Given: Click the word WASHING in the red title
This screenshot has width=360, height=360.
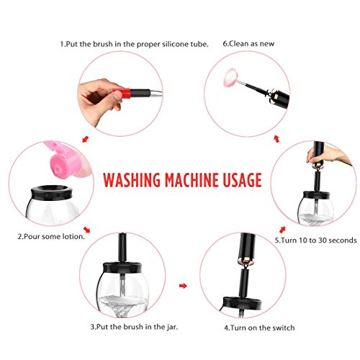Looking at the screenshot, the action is (x=132, y=179).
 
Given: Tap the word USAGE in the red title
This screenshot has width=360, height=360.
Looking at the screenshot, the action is (x=242, y=179).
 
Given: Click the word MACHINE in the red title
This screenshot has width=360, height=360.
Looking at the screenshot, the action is (x=192, y=179).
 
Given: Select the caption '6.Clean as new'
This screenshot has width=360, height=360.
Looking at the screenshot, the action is (x=248, y=44).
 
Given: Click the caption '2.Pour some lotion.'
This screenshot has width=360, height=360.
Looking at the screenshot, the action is (x=51, y=237).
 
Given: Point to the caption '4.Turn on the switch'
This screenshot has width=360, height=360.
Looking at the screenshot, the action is (x=259, y=328).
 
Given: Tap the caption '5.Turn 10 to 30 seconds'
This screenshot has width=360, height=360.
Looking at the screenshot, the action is (x=315, y=240).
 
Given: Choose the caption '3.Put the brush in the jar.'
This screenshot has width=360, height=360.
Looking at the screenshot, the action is (x=134, y=327).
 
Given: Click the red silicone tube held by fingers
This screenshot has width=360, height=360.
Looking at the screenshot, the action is (x=123, y=93).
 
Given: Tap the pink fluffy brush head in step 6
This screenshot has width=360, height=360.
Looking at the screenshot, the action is (x=230, y=77).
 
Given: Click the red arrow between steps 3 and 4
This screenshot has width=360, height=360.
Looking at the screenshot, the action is (x=183, y=286).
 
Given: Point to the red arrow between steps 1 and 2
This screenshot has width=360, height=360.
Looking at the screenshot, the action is (x=86, y=139).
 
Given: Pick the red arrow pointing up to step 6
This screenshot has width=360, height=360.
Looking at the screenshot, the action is (x=276, y=138).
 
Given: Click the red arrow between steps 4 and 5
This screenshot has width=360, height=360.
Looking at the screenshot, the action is (x=282, y=230).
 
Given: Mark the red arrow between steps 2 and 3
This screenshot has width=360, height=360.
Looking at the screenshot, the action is (x=86, y=230).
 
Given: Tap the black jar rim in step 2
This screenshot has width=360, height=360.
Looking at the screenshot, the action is (x=52, y=193).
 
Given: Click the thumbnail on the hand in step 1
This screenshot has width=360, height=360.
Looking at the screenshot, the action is (x=118, y=95).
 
